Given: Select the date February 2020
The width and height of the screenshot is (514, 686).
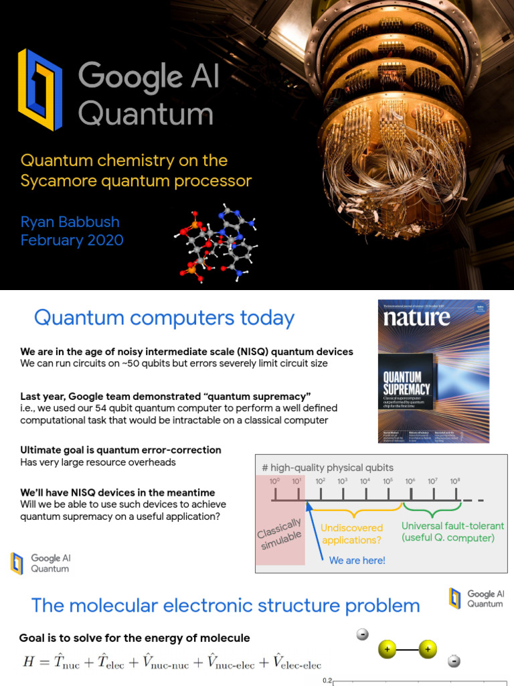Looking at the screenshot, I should tap(72, 240).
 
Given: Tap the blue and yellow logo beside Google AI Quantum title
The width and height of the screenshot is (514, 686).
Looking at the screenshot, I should tap(40, 90).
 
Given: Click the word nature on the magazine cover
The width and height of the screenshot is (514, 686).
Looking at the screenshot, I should tap(416, 318).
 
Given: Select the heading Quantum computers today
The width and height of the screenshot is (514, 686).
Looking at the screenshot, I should tap(164, 318).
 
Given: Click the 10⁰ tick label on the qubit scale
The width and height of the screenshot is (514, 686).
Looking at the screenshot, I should tap(274, 481).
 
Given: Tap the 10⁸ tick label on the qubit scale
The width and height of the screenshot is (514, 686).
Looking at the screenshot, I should tap(455, 481).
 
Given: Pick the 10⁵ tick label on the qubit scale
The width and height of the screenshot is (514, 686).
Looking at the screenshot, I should tap(388, 481).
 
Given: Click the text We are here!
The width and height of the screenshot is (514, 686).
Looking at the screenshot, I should tap(357, 560).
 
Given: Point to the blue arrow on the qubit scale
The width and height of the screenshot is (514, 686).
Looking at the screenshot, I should tap(316, 529).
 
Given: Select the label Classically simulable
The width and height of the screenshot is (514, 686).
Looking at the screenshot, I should tap(280, 533).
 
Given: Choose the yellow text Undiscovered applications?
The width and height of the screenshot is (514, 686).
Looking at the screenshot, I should tap(351, 533).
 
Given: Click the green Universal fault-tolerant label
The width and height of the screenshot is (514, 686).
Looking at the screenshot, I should tap(452, 527).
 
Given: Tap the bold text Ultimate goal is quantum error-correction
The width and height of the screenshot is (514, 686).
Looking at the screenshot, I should tap(120, 450).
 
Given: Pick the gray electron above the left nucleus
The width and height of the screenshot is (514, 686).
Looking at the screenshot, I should tap(363, 634).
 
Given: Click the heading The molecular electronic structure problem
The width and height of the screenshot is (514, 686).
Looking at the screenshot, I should tap(226, 606).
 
